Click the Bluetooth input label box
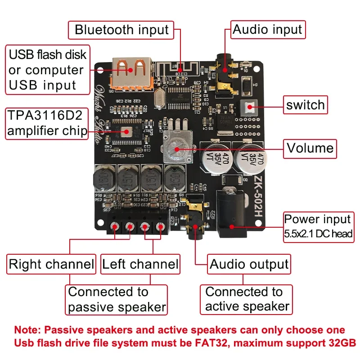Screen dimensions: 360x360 coord(121,30)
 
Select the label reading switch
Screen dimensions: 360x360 coord(305,105)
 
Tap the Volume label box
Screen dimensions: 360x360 coord(310,148)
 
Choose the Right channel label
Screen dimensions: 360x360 coord(51,264)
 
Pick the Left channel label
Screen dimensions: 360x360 coord(140,264)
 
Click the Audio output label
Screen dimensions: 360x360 coord(249,264)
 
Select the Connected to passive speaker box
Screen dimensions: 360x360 coord(117,300)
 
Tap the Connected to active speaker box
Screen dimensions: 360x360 coord(247,299)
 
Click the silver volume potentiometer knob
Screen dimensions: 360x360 coord(174,149)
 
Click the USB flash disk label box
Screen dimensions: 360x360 coord(47,70)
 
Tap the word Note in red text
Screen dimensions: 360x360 coord(25,330)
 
